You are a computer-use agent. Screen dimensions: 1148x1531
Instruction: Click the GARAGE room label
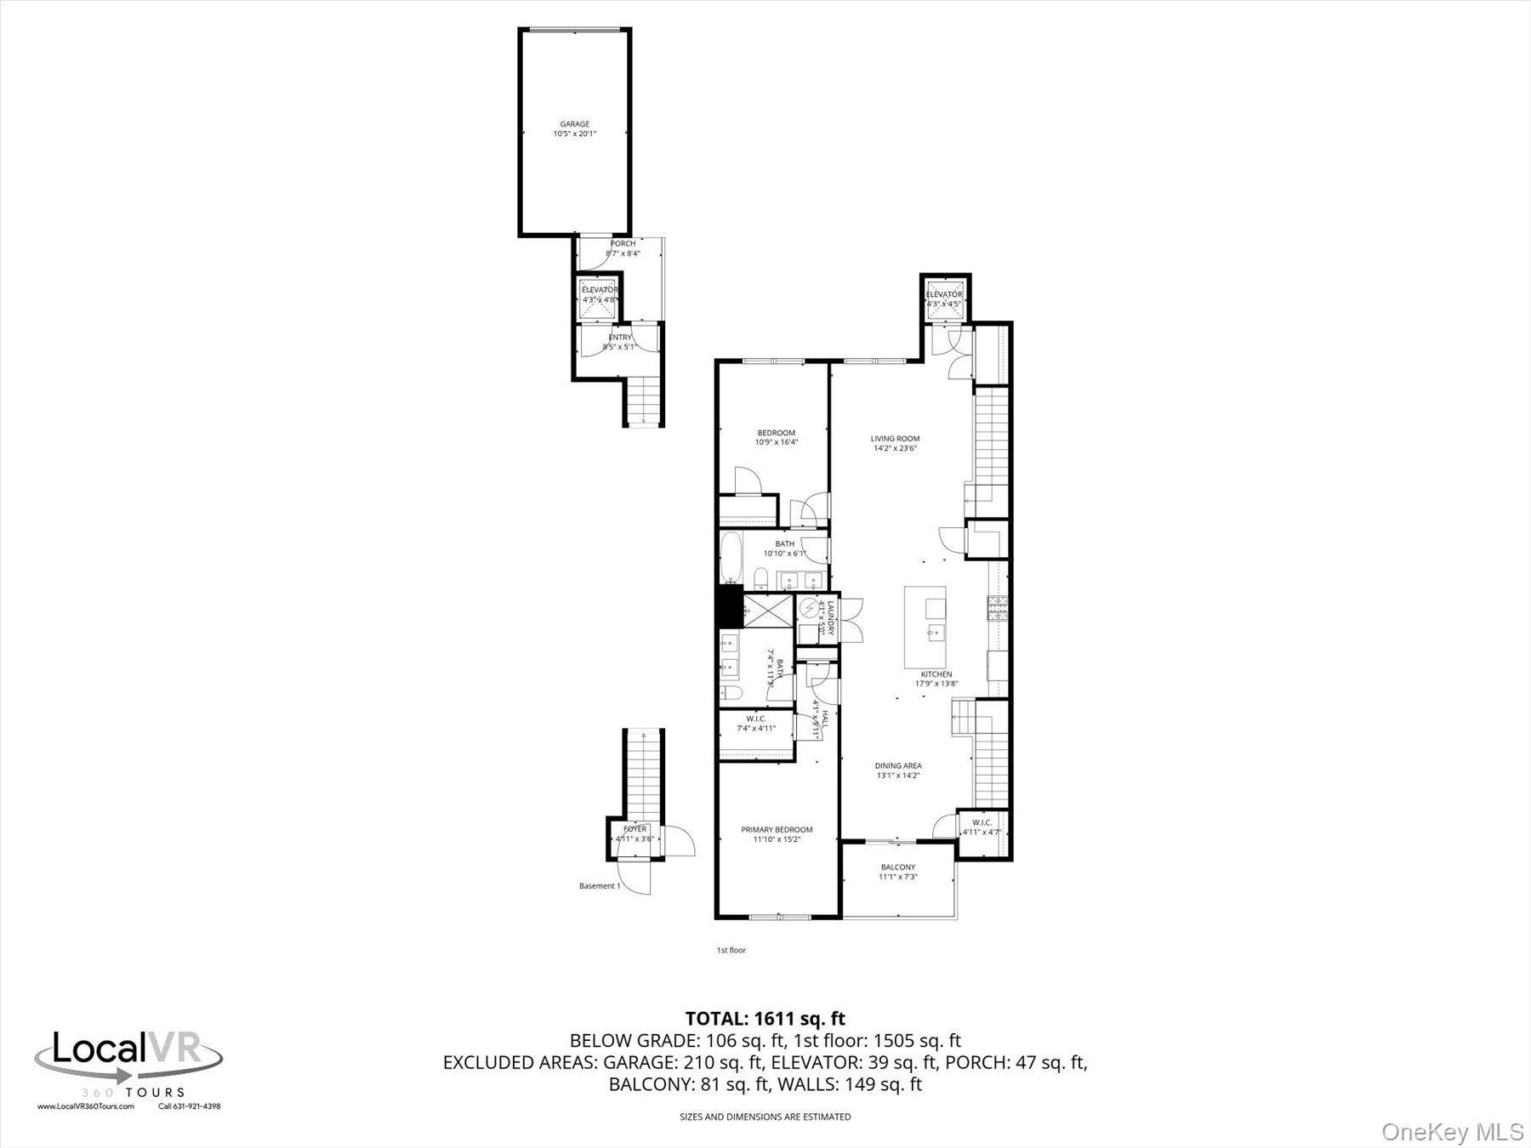coord(574,124)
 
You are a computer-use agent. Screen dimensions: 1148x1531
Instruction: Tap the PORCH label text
coord(623,244)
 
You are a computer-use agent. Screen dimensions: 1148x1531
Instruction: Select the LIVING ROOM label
coord(895,439)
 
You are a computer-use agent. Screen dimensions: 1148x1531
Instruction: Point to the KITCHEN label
coord(936,674)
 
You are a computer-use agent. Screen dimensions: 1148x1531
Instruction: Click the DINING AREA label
coord(898,765)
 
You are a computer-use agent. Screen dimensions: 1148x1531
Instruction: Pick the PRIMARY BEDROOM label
coord(776,830)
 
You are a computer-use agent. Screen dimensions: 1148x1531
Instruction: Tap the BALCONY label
coord(898,867)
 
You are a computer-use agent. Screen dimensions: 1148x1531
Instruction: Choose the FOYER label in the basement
coord(635,829)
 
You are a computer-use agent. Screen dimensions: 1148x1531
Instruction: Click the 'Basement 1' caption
coord(600,886)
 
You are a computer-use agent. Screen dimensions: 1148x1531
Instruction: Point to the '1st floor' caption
coord(731,950)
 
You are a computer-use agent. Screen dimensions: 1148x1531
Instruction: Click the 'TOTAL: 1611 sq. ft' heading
coord(765,1018)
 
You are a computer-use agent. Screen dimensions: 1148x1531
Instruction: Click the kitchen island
coord(926,626)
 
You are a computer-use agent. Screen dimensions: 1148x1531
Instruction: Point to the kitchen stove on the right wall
coord(996,608)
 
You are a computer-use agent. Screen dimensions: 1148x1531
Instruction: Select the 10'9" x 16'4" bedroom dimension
coord(776,442)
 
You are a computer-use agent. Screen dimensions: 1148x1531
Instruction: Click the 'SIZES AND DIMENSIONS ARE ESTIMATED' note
coord(765,1117)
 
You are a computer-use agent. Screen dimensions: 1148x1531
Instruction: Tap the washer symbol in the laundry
coord(807,608)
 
